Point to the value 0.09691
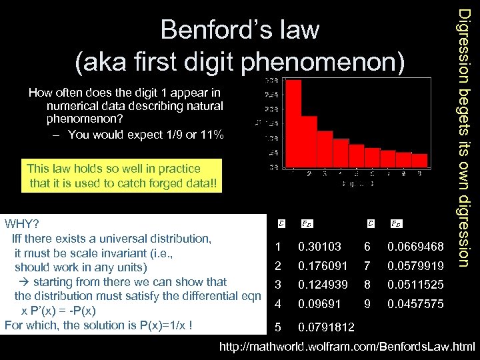point(319,304)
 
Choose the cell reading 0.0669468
point(416,247)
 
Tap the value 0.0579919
point(416,266)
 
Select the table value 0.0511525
point(416,285)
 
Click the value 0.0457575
point(416,304)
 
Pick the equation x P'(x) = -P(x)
point(59,311)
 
